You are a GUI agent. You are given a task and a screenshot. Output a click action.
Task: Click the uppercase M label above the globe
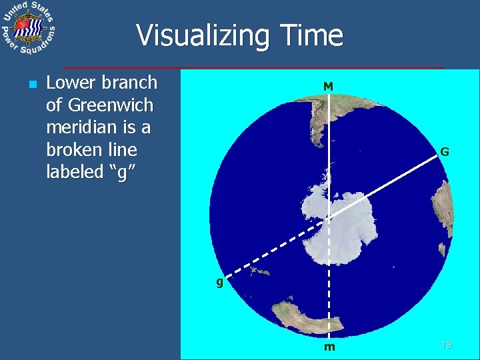tap(328, 87)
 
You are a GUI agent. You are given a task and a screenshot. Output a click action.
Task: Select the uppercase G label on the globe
tap(444, 152)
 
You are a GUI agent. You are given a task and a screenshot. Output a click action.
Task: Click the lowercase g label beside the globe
tap(219, 282)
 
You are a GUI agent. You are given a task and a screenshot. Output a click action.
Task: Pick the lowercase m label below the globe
tap(329, 347)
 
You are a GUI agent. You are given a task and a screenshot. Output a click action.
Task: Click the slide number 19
tap(446, 345)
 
